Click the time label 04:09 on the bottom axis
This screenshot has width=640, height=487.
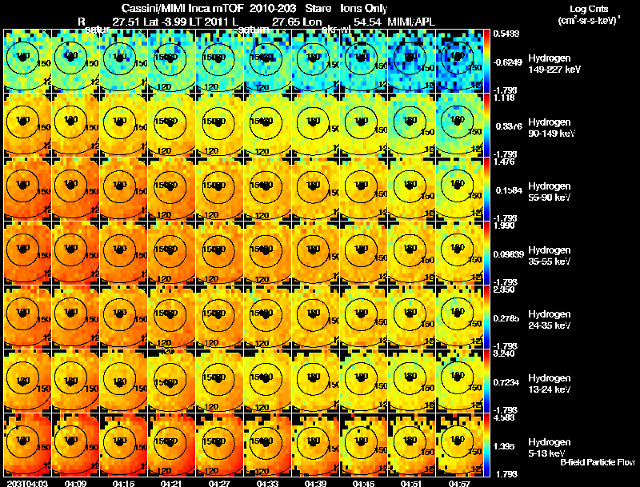point(75,483)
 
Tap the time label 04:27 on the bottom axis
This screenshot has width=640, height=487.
point(219,483)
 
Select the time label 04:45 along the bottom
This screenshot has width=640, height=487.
point(364,483)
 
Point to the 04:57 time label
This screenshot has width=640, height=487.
point(460,483)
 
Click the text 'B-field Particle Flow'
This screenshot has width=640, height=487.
point(597,462)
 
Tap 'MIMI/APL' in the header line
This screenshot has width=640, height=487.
point(412,20)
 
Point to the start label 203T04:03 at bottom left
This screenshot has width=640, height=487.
point(28,483)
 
